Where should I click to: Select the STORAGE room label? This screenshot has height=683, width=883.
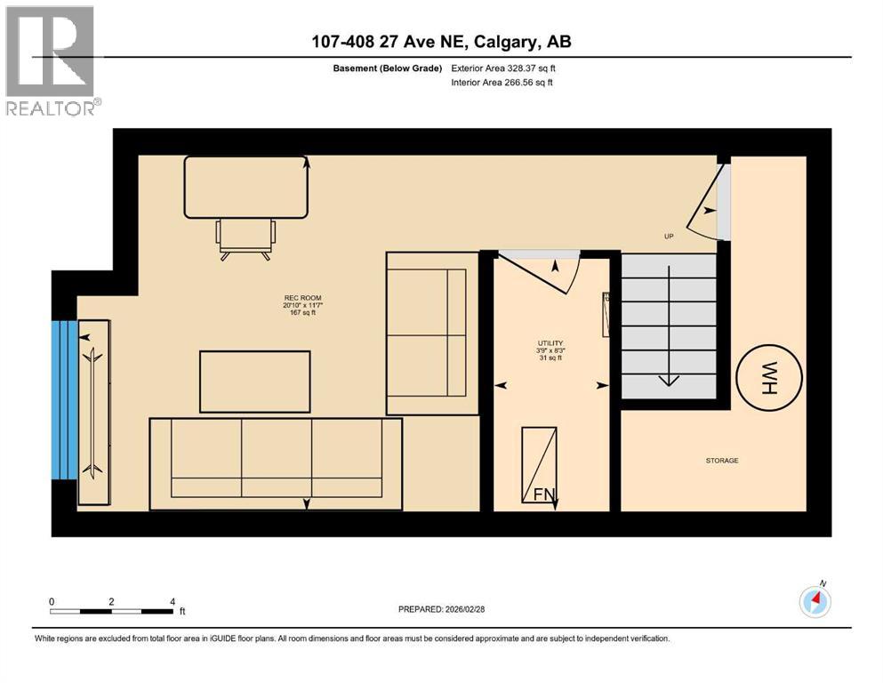tap(722, 461)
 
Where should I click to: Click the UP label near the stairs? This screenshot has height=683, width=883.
tap(668, 237)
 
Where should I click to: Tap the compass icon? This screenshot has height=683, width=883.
tap(815, 601)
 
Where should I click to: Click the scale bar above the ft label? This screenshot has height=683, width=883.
tap(112, 611)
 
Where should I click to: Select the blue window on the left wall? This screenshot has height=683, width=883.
tap(65, 399)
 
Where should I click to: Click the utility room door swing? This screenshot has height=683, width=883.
tap(543, 270)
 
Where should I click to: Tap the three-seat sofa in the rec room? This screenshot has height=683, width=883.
tap(276, 463)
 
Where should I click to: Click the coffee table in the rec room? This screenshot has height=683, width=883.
tap(255, 382)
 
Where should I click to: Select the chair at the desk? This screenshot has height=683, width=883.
tap(245, 237)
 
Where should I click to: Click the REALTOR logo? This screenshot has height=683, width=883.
tap(52, 61)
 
